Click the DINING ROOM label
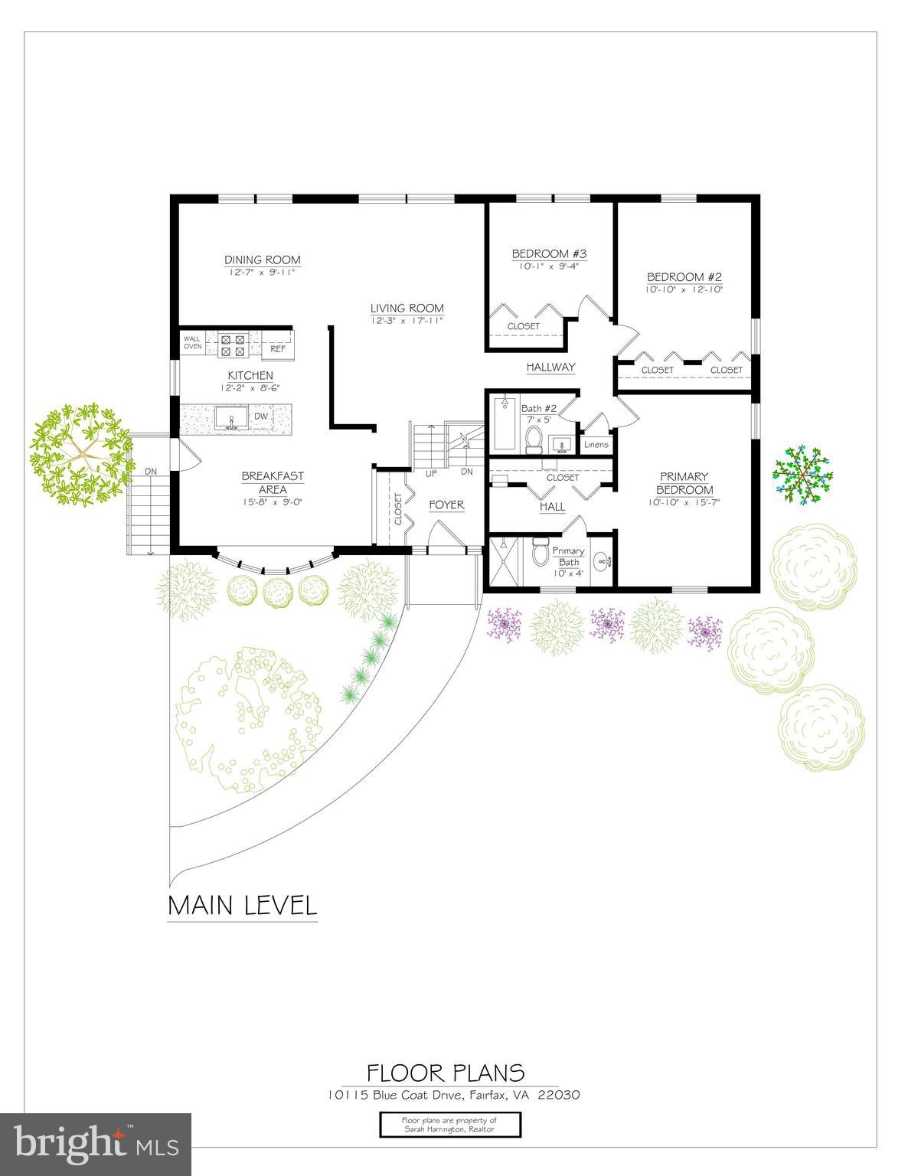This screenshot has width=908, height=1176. pos(262,260)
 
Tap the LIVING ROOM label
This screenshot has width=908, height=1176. pos(407,309)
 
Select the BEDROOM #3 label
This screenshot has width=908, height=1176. pos(549,253)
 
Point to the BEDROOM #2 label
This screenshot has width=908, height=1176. pos(684,277)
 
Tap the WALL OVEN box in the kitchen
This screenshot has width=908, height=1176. pos(192,342)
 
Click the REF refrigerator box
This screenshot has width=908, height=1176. pos(278,348)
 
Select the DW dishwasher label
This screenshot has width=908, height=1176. pos(261,416)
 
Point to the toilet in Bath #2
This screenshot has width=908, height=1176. pos(534,436)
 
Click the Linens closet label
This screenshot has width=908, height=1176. pos(596,445)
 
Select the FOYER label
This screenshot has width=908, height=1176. pos(446,505)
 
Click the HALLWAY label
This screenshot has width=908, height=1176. pos(550,367)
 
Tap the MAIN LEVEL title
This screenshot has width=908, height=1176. pos(242,905)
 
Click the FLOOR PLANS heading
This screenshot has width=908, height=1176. pos(446,1072)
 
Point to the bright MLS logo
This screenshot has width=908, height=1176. pos(96,1144)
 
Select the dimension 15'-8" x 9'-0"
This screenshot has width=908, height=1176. pos(273,502)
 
